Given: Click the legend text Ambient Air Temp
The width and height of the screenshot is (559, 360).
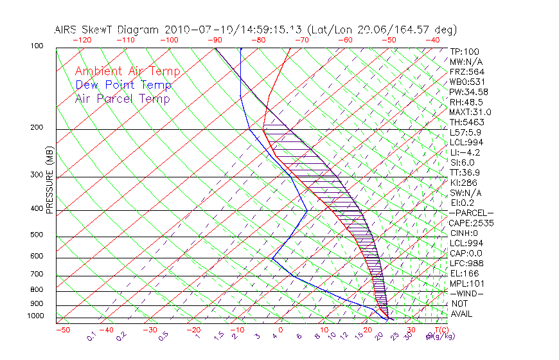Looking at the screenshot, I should tap(127, 71).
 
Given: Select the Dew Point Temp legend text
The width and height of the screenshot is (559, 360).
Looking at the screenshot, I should tap(123, 85).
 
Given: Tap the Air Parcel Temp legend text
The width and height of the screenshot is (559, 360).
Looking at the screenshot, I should tap(122, 98).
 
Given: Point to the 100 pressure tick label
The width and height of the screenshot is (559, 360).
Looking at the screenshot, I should tap(37, 46).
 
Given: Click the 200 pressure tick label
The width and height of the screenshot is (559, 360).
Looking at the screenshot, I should tap(37, 127).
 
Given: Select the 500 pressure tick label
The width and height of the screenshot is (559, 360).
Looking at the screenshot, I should tap(37, 235).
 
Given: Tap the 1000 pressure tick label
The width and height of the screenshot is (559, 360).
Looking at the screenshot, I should tap(35, 316).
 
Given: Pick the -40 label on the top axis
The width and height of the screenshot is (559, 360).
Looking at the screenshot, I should tap(432, 39).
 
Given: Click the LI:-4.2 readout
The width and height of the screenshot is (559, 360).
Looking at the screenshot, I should tap(465, 152).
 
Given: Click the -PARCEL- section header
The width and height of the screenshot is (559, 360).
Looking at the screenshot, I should tap(472, 213).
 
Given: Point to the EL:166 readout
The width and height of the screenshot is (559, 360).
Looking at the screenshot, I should tap(464, 273).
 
